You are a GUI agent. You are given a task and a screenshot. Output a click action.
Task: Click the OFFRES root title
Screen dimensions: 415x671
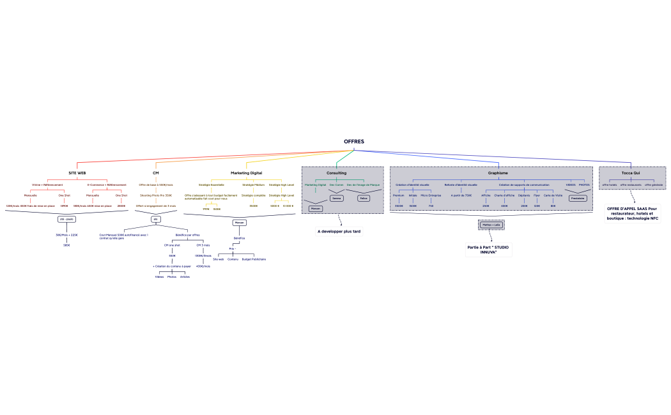pyautogui.click(x=353, y=142)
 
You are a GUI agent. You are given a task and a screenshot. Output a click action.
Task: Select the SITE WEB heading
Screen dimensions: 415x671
pyautogui.click(x=77, y=173)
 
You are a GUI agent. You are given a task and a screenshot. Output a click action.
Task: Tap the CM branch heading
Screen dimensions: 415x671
pyautogui.click(x=155, y=173)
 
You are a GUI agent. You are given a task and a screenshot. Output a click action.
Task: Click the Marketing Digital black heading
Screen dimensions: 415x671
pyautogui.click(x=246, y=173)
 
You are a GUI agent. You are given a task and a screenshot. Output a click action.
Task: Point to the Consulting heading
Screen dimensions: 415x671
pyautogui.click(x=336, y=173)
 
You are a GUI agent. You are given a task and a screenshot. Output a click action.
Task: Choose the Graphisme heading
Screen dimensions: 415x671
pyautogui.click(x=498, y=173)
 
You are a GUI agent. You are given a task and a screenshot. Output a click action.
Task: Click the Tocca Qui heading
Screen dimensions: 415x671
pyautogui.click(x=631, y=173)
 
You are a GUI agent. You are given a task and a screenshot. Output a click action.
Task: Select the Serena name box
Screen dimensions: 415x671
pyautogui.click(x=337, y=198)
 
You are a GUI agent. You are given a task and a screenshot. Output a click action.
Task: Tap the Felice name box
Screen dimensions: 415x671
pyautogui.click(x=364, y=198)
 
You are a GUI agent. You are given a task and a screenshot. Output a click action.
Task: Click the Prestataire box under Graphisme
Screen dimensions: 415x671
pyautogui.click(x=578, y=198)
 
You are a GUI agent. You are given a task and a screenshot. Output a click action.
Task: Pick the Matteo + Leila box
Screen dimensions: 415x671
pyautogui.click(x=491, y=225)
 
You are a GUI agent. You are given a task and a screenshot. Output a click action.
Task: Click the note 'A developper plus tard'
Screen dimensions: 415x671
pyautogui.click(x=339, y=231)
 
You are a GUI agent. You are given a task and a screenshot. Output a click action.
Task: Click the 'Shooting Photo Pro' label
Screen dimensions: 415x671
pyautogui.click(x=156, y=195)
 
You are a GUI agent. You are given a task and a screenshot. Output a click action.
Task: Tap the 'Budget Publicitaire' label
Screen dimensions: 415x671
pyautogui.click(x=254, y=259)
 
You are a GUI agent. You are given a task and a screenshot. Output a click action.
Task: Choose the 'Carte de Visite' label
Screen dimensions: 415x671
pyautogui.click(x=553, y=195)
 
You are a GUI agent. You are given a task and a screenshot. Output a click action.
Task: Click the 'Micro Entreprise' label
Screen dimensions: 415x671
pyautogui.click(x=431, y=195)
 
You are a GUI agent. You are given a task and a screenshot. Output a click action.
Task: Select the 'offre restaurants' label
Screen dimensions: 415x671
pyautogui.click(x=631, y=185)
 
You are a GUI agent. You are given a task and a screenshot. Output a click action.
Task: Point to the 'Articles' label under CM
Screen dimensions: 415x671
pyautogui.click(x=185, y=276)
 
